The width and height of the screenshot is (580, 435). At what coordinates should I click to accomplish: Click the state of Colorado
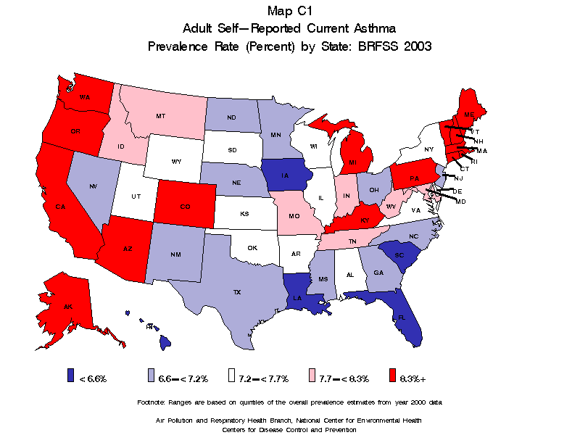[x=184, y=207]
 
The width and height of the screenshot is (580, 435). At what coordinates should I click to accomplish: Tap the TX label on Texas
[x=236, y=292]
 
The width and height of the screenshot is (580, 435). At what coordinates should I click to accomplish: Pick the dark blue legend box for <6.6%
[x=70, y=375]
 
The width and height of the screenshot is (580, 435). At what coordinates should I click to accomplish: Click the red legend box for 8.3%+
[x=393, y=375]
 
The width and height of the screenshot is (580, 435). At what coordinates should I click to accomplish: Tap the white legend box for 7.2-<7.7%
[x=232, y=375]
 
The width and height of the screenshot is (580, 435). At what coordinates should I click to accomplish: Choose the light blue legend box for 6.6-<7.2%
[x=151, y=375]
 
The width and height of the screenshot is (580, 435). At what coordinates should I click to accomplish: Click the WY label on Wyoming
[x=175, y=161]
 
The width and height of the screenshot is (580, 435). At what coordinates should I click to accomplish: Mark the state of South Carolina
[x=399, y=255]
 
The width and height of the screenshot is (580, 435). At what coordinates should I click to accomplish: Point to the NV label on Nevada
[x=94, y=187]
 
